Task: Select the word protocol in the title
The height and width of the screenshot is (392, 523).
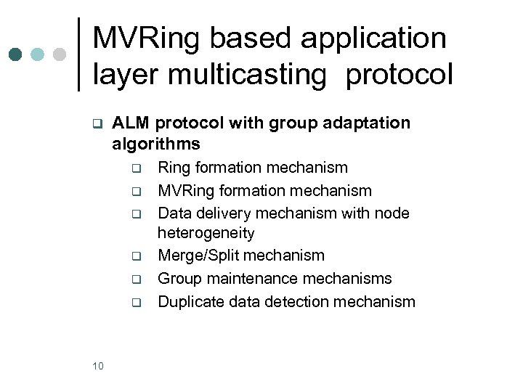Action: click(399, 74)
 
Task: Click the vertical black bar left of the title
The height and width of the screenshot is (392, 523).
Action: click(78, 54)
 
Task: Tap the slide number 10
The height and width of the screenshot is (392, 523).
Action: click(98, 366)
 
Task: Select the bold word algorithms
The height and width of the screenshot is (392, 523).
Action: click(155, 144)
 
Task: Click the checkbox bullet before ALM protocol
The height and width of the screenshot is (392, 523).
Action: click(96, 123)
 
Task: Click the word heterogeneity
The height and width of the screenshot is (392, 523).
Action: click(206, 234)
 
